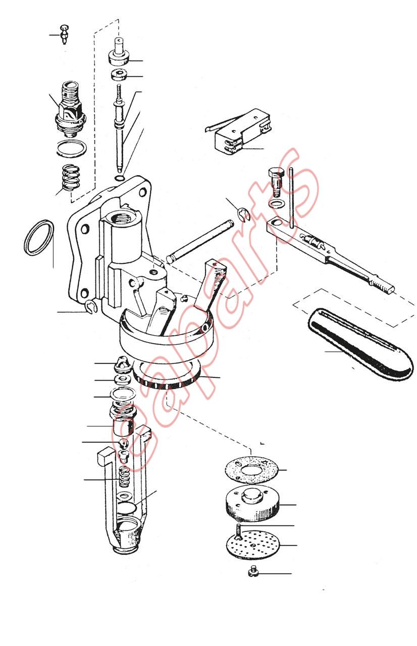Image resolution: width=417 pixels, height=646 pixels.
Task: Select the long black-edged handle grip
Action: (x=359, y=345)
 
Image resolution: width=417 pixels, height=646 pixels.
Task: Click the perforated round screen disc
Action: (x=253, y=545)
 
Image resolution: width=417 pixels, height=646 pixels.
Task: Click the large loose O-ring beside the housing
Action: (x=38, y=237)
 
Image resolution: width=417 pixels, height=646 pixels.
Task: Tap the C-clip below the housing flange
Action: (x=92, y=307)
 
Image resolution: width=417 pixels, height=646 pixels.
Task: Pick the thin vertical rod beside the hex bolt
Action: (x=292, y=198)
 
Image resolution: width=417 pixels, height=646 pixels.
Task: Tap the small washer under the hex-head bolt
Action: (x=276, y=203)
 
